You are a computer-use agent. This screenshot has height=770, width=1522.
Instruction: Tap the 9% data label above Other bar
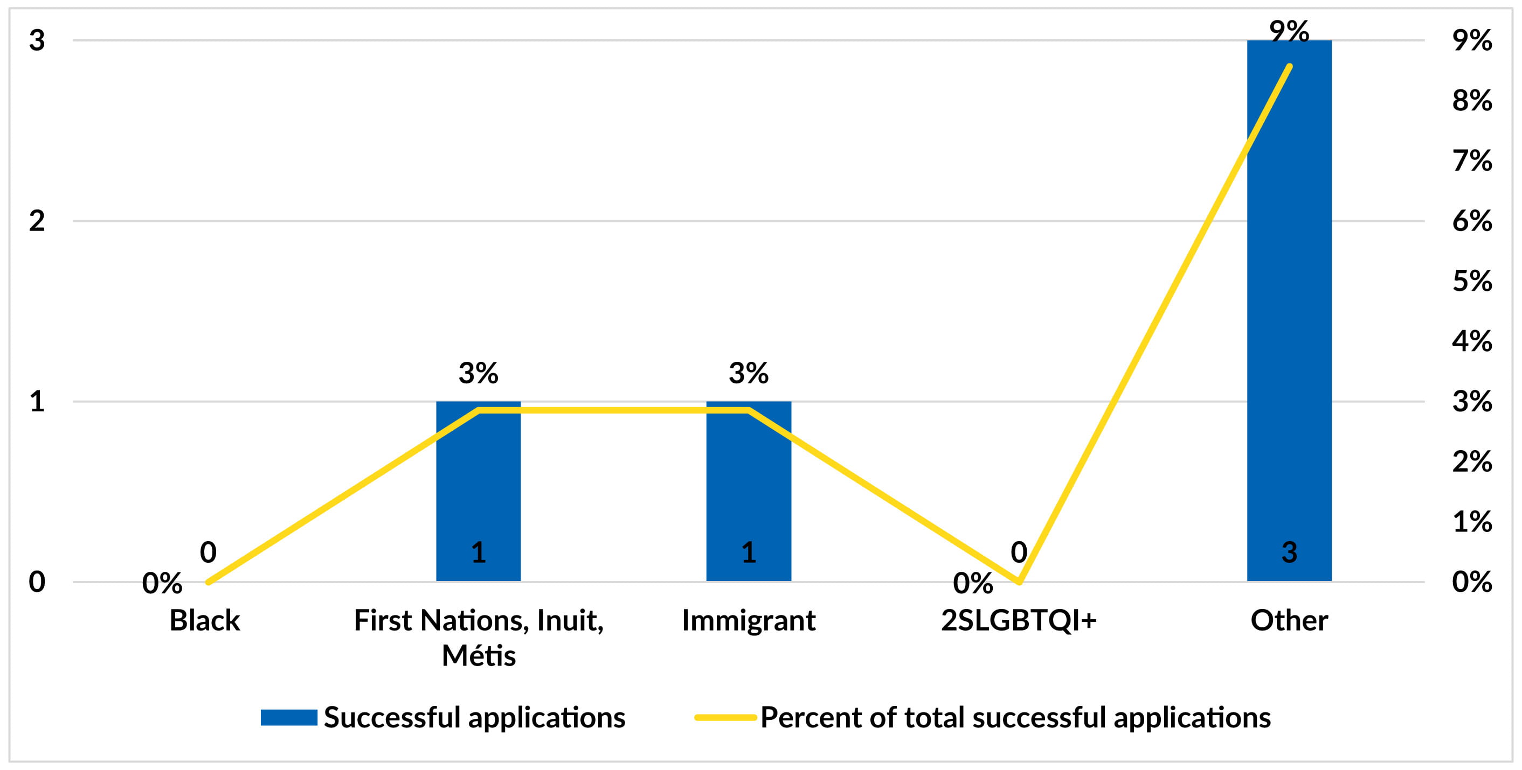tap(1289, 31)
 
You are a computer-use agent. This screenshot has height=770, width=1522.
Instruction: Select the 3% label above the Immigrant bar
tap(749, 373)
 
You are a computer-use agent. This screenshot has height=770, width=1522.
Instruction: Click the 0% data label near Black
tap(162, 583)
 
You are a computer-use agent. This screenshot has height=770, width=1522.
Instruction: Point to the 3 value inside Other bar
tap(1289, 552)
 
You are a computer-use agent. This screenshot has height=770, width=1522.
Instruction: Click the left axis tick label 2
tap(37, 221)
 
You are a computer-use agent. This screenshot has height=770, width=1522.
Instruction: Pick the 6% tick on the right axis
tap(1472, 221)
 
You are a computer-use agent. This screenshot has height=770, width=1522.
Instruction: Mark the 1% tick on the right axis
tap(1472, 522)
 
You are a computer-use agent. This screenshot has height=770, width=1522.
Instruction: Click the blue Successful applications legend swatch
tap(289, 717)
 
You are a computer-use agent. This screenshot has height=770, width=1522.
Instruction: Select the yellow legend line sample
tap(725, 717)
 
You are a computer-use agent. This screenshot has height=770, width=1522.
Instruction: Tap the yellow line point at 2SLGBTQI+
tap(1019, 582)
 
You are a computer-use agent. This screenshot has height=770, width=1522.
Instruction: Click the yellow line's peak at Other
tap(1289, 66)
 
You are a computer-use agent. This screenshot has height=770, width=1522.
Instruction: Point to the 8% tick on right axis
tap(1472, 101)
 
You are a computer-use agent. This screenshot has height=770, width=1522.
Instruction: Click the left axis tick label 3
tap(37, 40)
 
